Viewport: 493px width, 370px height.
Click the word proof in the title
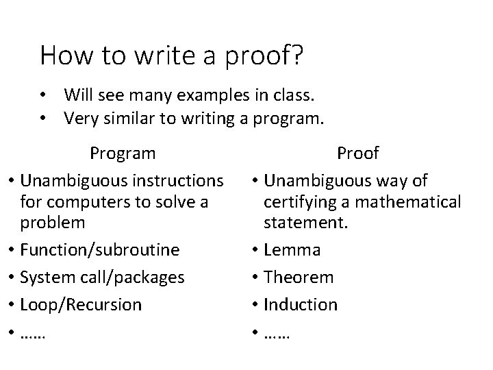point(262,56)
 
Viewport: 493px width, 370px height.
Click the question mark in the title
point(298,55)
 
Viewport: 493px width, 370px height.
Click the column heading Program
point(123,153)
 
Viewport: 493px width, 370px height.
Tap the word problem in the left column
point(53,223)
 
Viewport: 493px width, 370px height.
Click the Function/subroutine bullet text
point(101,250)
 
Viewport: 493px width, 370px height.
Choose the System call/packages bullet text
point(103,277)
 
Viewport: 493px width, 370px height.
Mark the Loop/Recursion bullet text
point(81,304)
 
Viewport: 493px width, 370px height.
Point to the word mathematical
point(409,203)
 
